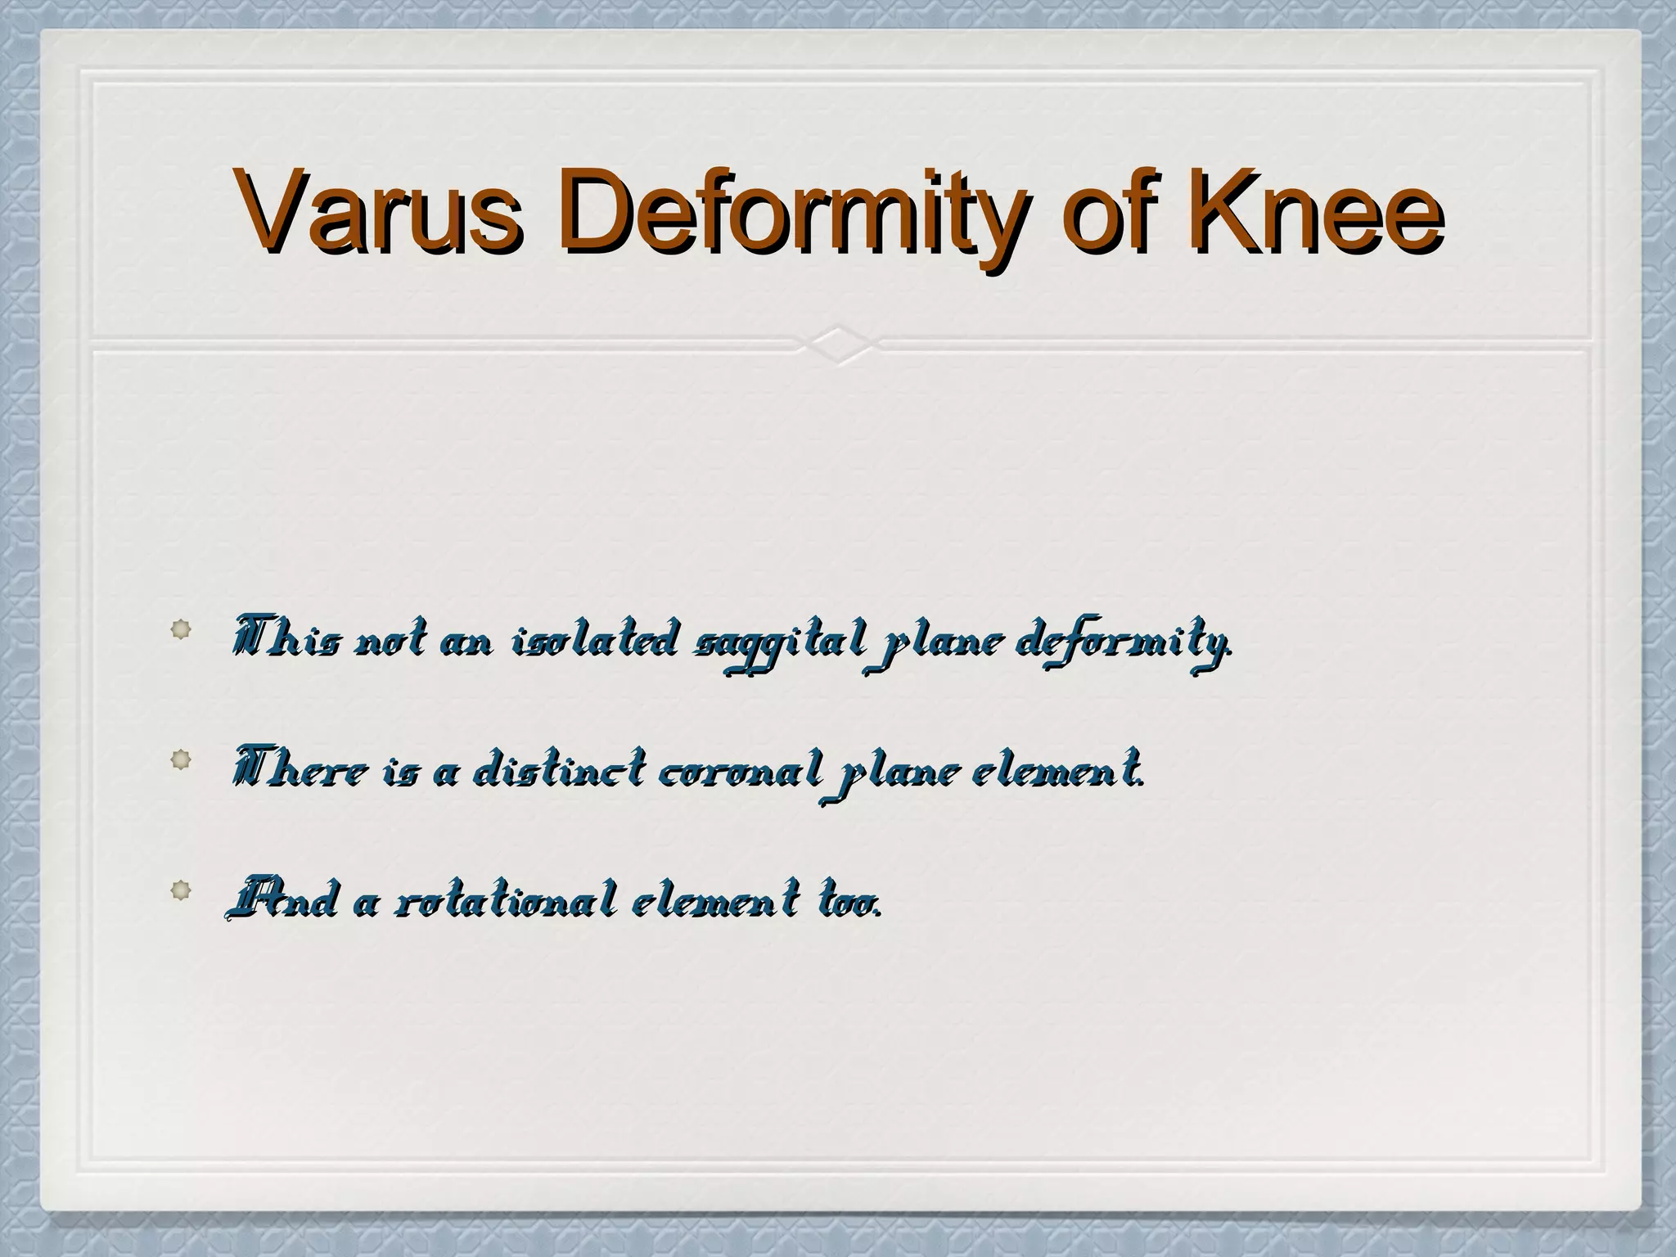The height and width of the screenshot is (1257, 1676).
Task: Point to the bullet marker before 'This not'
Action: click(x=181, y=629)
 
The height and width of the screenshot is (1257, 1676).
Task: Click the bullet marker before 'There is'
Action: click(x=181, y=759)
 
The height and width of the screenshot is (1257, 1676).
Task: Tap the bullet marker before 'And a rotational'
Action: click(x=181, y=890)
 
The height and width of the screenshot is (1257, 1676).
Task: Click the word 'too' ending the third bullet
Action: click(x=848, y=901)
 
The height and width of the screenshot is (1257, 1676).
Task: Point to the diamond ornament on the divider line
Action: click(x=838, y=345)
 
